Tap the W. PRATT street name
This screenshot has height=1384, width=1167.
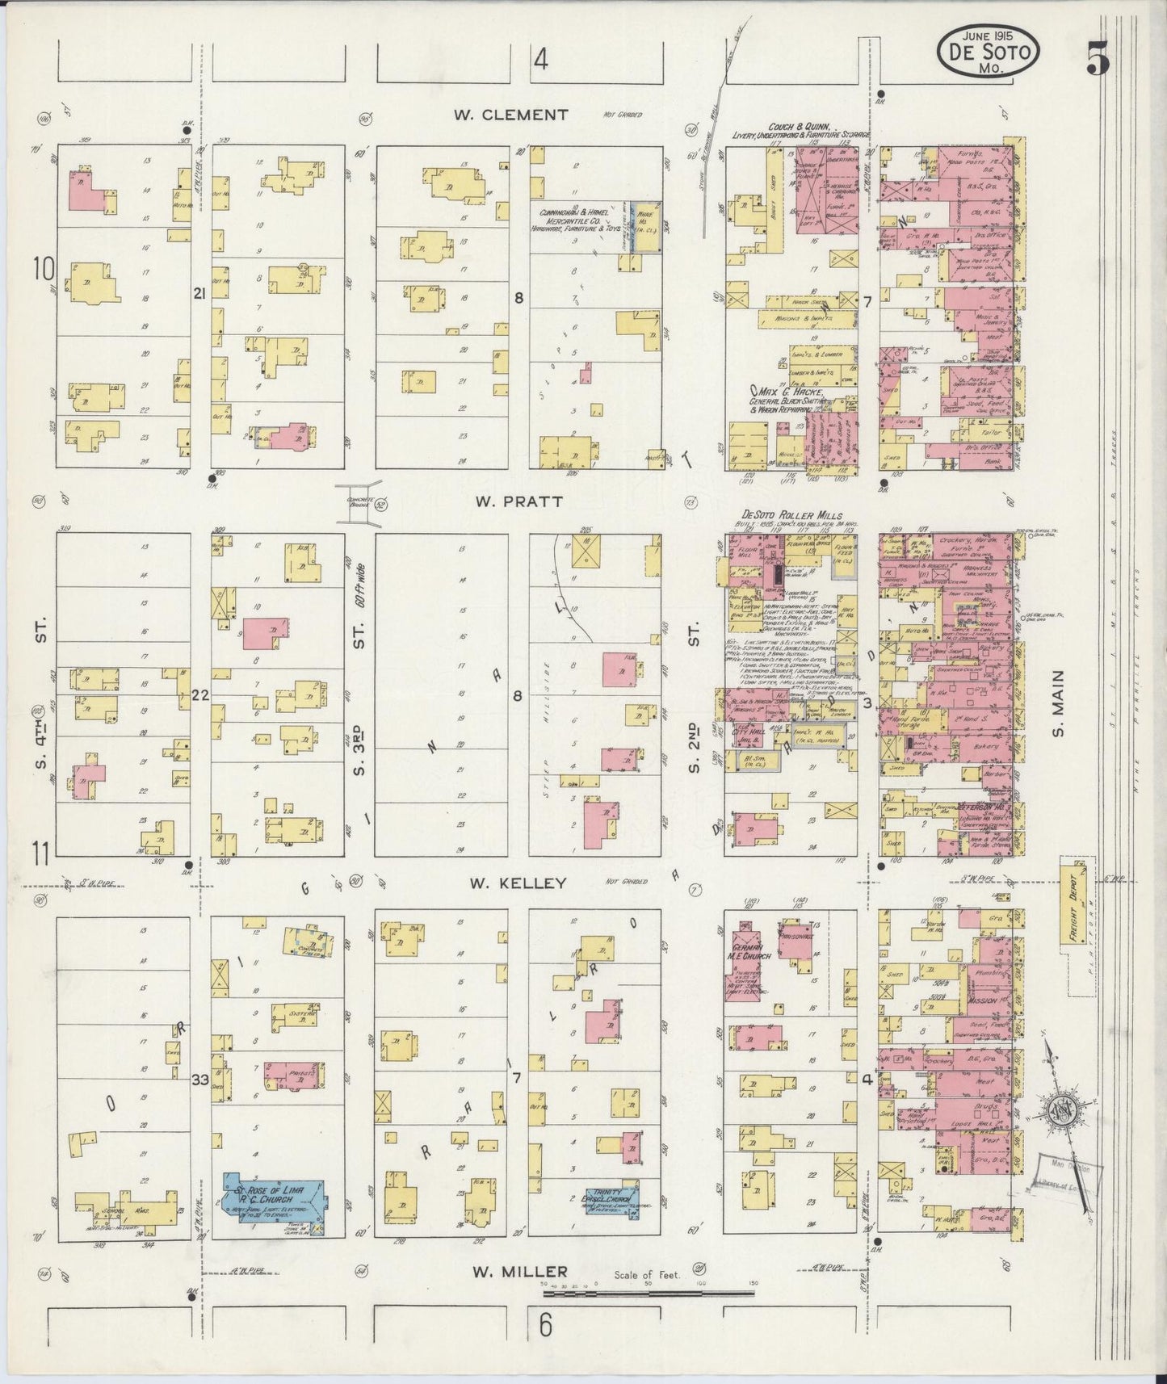pyautogui.click(x=507, y=501)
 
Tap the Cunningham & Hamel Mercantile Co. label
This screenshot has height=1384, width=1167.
pyautogui.click(x=577, y=219)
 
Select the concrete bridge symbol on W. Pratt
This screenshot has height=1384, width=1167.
pyautogui.click(x=359, y=497)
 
